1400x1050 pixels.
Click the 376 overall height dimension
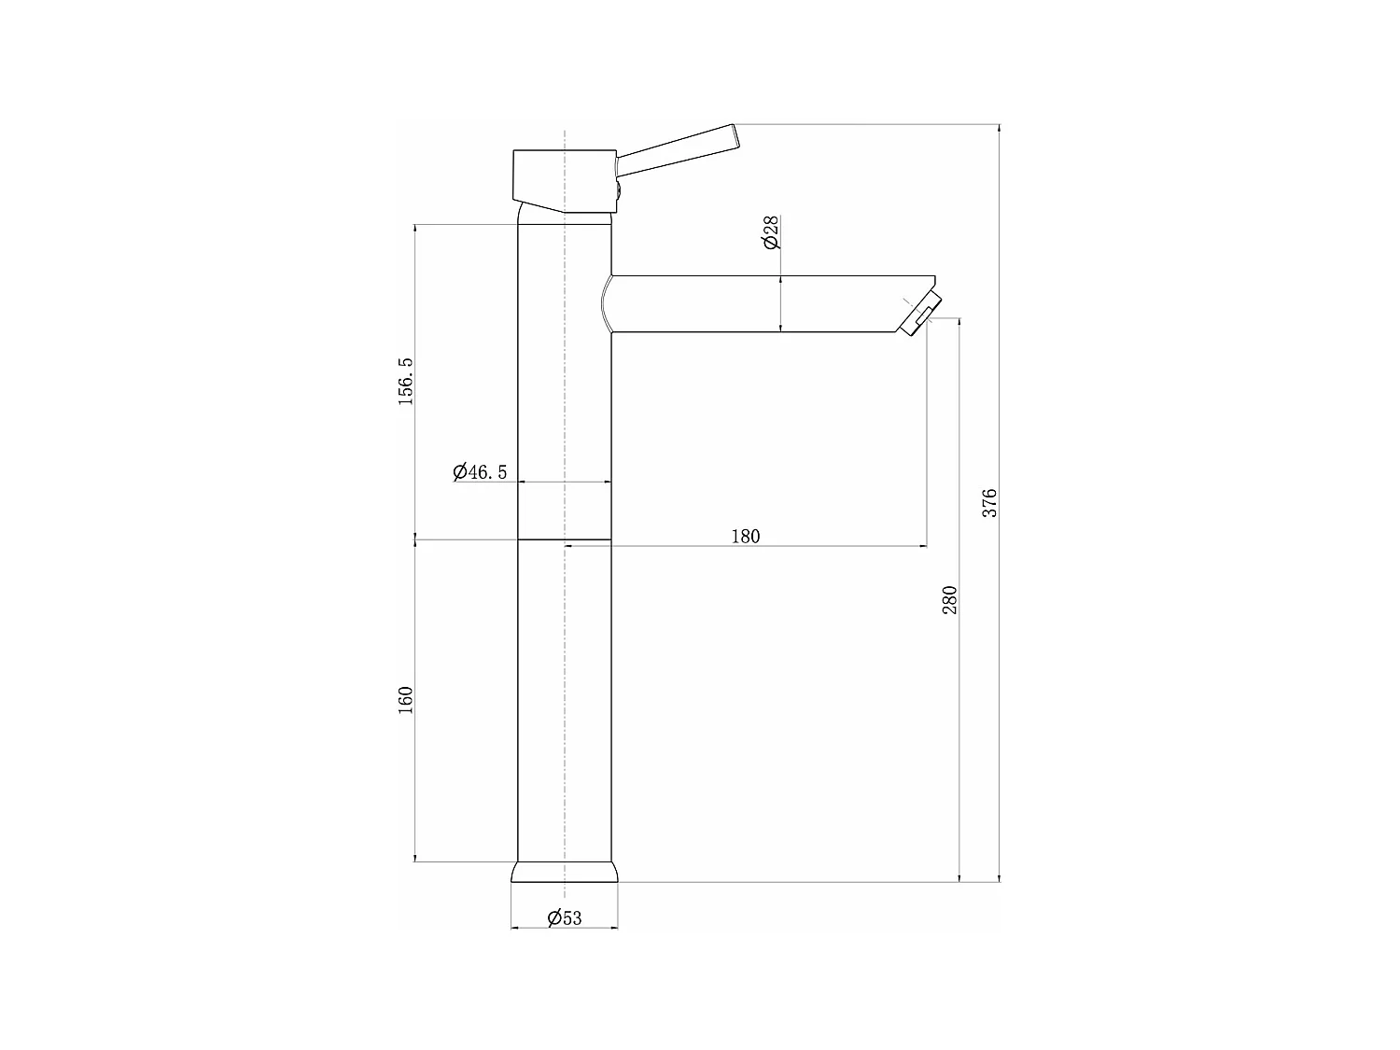click(x=990, y=502)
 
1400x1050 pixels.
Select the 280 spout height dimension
click(x=949, y=599)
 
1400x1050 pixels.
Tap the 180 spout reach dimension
click(x=745, y=536)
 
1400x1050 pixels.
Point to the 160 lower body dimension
click(x=405, y=700)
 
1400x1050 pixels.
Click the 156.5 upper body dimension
click(x=405, y=380)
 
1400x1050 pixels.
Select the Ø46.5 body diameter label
click(x=480, y=471)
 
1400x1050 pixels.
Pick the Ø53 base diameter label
click(x=564, y=917)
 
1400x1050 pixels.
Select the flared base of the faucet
click(x=565, y=872)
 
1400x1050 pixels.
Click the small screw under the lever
click(x=617, y=191)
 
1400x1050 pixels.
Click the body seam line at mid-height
click(x=565, y=539)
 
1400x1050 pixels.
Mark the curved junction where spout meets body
click(x=606, y=303)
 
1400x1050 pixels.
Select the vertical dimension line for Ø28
click(x=780, y=303)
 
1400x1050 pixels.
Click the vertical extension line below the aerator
click(x=927, y=429)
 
